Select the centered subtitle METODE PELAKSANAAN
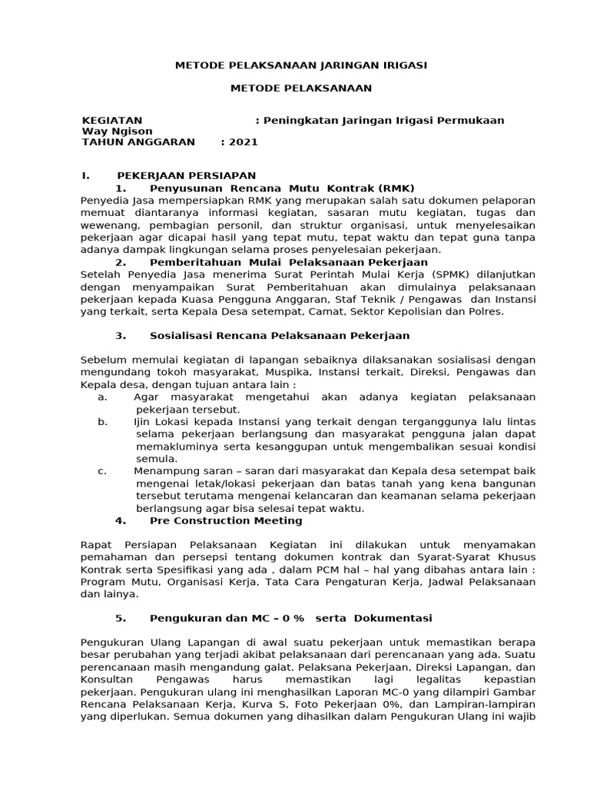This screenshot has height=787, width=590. click(301, 88)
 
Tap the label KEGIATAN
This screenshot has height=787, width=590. click(112, 121)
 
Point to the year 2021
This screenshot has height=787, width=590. click(244, 142)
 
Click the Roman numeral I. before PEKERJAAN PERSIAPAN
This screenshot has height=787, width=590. click(86, 176)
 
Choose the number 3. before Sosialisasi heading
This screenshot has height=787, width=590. click(120, 336)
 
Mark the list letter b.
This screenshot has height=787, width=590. click(102, 422)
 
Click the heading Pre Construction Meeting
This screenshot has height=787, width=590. click(226, 520)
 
